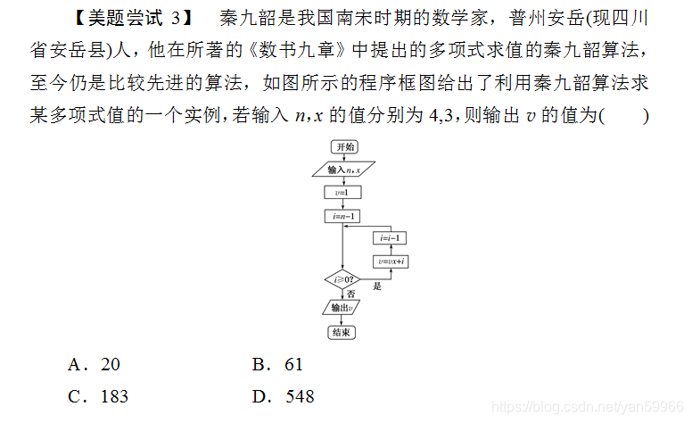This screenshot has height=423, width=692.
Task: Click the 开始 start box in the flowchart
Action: [343, 147]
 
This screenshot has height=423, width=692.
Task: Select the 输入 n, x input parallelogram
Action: [343, 170]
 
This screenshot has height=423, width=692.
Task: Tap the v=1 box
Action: [342, 193]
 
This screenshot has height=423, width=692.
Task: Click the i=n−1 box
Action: [342, 216]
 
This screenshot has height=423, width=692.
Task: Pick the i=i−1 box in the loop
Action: [390, 238]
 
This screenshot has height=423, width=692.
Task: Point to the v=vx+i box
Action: [390, 261]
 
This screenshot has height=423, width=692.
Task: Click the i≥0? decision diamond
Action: [342, 280]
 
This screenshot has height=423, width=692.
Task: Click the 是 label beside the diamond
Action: [377, 286]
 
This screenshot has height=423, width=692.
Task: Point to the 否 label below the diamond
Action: [350, 294]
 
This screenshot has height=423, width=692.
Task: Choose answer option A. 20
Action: [93, 364]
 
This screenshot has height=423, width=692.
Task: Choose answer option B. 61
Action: [277, 364]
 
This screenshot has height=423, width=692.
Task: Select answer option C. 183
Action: [98, 396]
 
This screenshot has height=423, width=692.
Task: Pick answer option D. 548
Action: [283, 396]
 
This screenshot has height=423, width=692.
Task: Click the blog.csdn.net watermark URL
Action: [587, 407]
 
